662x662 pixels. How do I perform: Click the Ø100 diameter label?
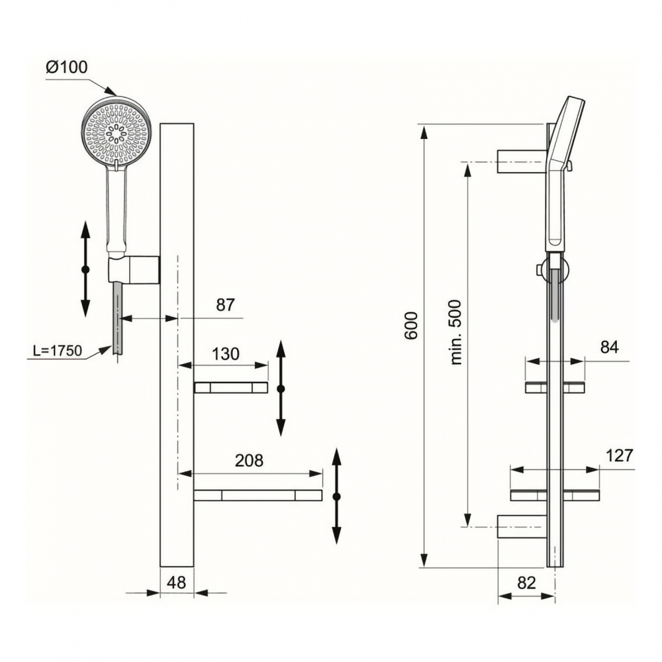(67, 67)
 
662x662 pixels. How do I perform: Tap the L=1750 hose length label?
(58, 350)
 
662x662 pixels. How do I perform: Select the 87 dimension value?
(225, 305)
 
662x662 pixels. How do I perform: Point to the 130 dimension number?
(226, 354)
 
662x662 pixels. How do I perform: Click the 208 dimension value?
(249, 460)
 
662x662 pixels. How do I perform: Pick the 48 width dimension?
(177, 583)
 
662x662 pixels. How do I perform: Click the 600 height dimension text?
(411, 326)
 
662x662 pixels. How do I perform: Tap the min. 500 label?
(456, 332)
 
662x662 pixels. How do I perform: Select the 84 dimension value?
(609, 348)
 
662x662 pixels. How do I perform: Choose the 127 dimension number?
(620, 455)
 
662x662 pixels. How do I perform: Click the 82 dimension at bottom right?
(526, 583)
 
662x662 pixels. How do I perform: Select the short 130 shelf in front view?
(231, 387)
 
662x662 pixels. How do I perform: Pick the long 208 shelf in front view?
(258, 495)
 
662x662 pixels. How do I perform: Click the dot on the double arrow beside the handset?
(85, 269)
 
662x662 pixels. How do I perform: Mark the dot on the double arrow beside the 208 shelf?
(336, 496)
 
